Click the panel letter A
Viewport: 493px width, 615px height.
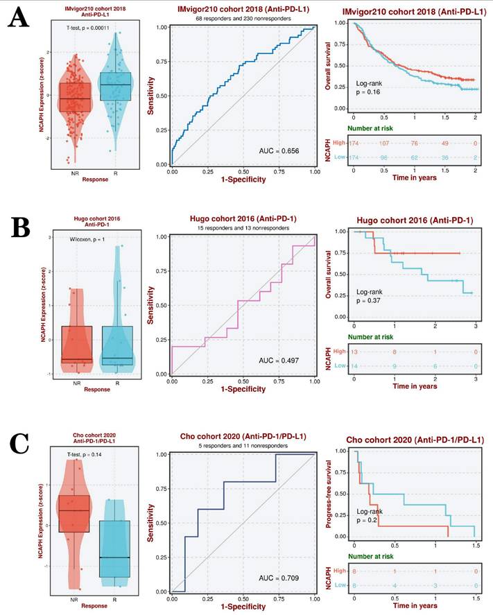pos(18,17)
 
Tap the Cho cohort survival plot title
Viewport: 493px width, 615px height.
pos(405,439)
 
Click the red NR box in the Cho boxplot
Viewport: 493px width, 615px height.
pos(74,513)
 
